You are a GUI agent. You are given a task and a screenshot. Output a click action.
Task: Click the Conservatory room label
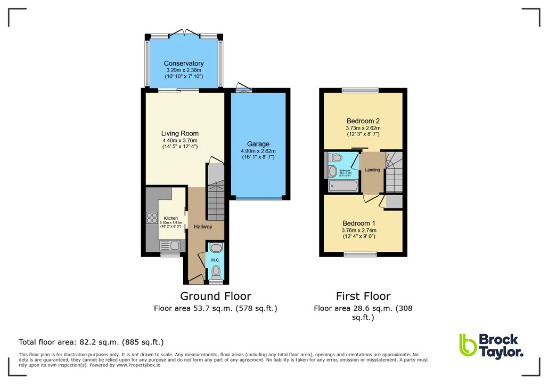click(184, 63)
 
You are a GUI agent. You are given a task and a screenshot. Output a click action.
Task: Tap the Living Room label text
click(180, 134)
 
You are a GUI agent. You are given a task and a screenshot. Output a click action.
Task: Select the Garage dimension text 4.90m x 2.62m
click(258, 151)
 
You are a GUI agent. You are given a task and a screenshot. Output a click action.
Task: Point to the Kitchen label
click(170, 218)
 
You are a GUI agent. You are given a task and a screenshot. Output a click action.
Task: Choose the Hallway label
click(203, 227)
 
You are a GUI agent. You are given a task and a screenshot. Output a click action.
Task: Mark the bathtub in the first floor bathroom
click(343, 186)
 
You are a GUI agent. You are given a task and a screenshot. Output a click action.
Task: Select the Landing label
click(372, 170)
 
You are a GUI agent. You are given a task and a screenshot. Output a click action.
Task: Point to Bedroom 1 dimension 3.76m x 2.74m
click(359, 230)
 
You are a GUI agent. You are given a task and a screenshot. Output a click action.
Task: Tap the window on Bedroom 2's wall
click(360, 90)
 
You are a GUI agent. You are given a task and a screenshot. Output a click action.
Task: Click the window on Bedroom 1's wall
click(361, 253)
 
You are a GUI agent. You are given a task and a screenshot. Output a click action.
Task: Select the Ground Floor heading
click(215, 296)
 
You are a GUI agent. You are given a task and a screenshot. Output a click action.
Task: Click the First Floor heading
click(363, 296)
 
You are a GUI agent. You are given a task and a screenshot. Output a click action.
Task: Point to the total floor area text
click(91, 342)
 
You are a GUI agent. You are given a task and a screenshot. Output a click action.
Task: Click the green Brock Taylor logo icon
click(468, 345)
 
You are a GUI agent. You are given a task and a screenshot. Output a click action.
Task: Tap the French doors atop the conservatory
click(185, 34)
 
